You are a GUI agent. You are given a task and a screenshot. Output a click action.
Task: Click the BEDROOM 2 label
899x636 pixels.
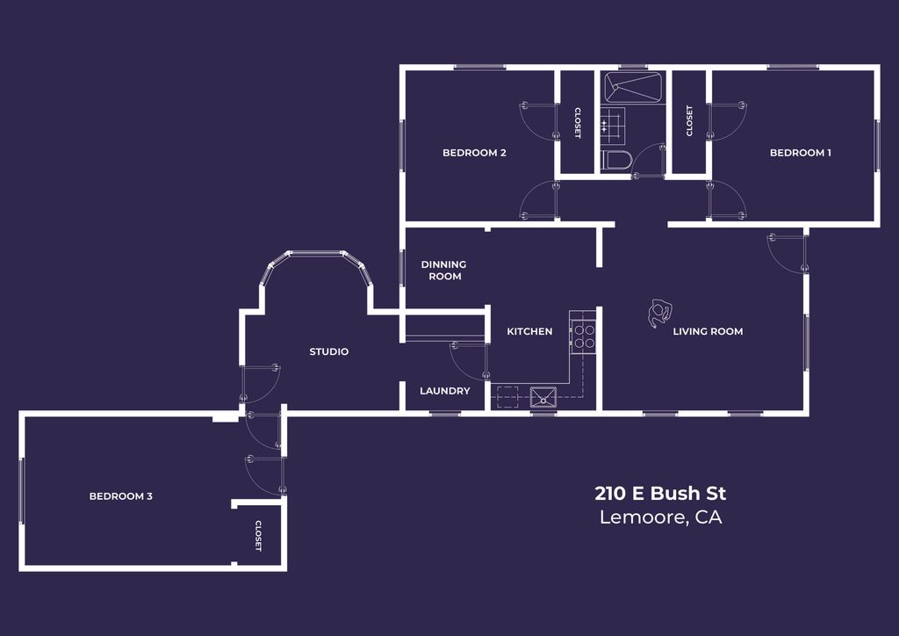[x=474, y=153]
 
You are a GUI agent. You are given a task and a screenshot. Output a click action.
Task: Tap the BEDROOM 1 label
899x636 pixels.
[x=800, y=153]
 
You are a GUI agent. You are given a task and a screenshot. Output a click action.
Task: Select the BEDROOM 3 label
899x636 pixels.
[x=121, y=496]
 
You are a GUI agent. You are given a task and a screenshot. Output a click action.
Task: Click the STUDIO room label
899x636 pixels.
[x=328, y=352]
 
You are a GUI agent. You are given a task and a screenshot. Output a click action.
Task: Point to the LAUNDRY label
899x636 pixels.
[x=444, y=391]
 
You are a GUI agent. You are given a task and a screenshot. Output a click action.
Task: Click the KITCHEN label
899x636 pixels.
[x=529, y=331]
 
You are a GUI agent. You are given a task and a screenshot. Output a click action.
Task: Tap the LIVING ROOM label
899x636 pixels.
[x=708, y=331]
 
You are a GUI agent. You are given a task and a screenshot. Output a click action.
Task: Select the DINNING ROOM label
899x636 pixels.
[x=443, y=271]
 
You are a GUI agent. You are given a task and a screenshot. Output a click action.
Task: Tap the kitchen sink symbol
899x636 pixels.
[x=544, y=397]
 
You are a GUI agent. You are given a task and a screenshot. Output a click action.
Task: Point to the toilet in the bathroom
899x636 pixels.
[x=615, y=161]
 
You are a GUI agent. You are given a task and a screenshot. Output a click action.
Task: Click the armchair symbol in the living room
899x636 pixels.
[x=658, y=314]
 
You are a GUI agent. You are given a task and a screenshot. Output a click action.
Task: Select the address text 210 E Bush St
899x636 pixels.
[x=660, y=493]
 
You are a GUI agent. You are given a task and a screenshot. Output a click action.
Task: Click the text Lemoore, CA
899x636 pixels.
[x=660, y=517]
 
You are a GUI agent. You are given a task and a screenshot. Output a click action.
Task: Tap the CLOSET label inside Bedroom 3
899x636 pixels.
[x=258, y=536]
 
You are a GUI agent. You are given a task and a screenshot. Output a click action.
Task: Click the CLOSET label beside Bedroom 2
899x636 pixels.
[x=577, y=123]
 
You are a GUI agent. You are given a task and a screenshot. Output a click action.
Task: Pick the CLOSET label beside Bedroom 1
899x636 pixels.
[x=689, y=121]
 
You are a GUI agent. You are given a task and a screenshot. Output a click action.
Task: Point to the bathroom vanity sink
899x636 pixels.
[x=613, y=123]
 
